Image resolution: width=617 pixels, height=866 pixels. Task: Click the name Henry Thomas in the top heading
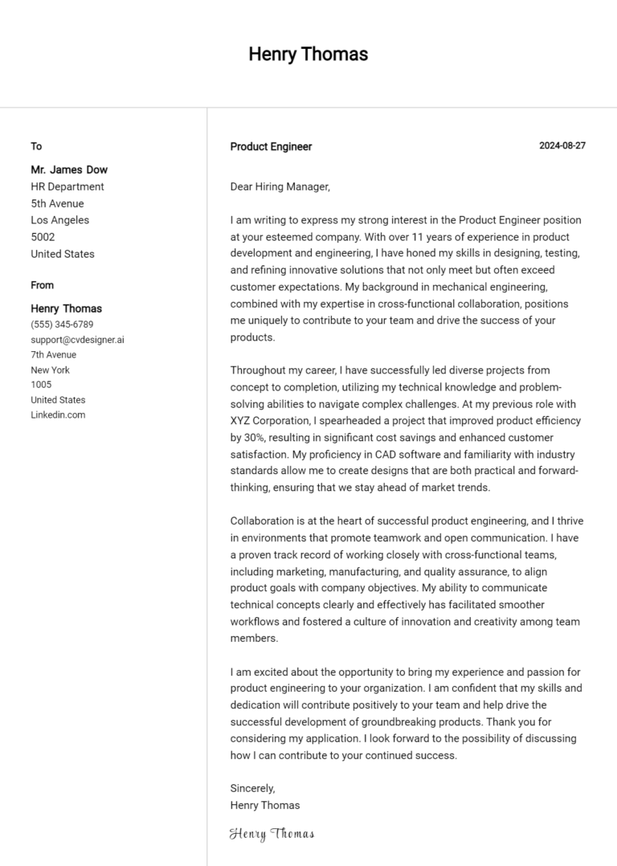[x=308, y=55]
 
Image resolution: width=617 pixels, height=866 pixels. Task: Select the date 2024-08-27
[x=562, y=146]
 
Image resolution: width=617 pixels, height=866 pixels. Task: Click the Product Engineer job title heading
[x=271, y=147]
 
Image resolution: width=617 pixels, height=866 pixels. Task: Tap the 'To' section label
[x=36, y=146]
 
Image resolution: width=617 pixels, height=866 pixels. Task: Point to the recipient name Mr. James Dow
[x=69, y=170]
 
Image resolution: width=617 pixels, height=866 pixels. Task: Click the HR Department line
[x=67, y=186]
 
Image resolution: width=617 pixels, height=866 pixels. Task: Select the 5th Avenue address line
[x=57, y=203]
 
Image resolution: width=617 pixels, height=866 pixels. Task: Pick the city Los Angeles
[x=60, y=220]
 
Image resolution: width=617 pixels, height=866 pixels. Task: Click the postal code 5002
[x=43, y=237]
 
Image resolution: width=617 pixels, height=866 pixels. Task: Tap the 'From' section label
[x=43, y=285]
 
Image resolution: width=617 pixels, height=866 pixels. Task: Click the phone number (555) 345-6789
[x=62, y=325]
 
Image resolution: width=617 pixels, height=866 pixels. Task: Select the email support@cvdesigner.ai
[x=77, y=340]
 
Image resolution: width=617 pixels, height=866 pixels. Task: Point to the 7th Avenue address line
[x=54, y=354]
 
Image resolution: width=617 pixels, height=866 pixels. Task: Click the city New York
[x=50, y=370]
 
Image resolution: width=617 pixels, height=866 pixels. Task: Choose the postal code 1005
[x=41, y=385]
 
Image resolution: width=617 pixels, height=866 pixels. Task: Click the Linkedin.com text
[x=58, y=415]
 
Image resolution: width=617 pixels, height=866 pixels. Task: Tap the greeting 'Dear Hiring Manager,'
[x=280, y=186]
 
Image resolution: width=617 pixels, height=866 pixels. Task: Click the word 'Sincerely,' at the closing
[x=252, y=788]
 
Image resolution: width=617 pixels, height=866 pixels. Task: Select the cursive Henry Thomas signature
[x=272, y=834]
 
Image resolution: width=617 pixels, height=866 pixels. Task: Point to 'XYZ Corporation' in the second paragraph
[x=268, y=421]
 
